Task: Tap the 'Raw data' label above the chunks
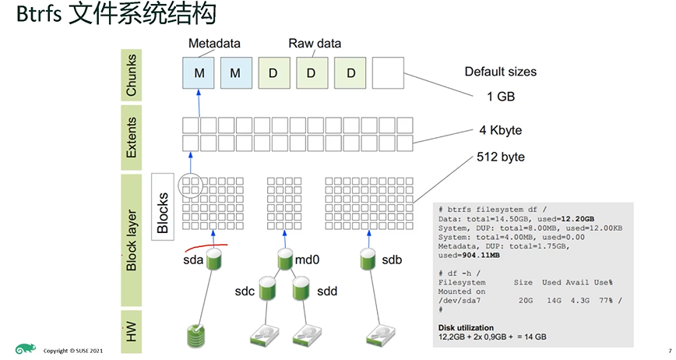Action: point(315,44)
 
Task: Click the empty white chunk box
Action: point(388,73)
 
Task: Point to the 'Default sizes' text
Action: point(500,72)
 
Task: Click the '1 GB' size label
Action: point(500,97)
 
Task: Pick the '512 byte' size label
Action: point(500,157)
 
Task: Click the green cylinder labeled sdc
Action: point(268,290)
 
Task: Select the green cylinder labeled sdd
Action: point(301,290)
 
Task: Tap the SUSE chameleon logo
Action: point(25,349)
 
